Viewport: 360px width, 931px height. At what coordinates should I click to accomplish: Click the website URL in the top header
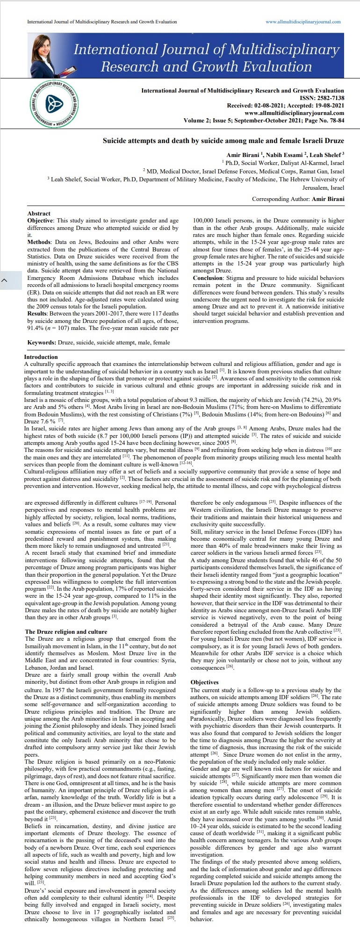click(303, 21)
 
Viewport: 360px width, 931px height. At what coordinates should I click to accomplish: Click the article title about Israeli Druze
click(223, 141)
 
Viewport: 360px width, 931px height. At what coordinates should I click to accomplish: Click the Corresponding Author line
click(298, 199)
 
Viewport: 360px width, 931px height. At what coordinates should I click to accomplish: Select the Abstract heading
click(39, 214)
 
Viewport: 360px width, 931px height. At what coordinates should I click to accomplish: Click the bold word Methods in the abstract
click(39, 242)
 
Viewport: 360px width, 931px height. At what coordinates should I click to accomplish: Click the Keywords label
click(42, 343)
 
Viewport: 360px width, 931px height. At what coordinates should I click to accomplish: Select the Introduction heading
click(41, 357)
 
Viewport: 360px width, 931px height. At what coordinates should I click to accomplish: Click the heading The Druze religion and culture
click(66, 632)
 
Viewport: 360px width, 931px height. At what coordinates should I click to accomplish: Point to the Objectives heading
click(204, 682)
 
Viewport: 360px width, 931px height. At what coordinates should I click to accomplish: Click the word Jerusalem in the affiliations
click(316, 187)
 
